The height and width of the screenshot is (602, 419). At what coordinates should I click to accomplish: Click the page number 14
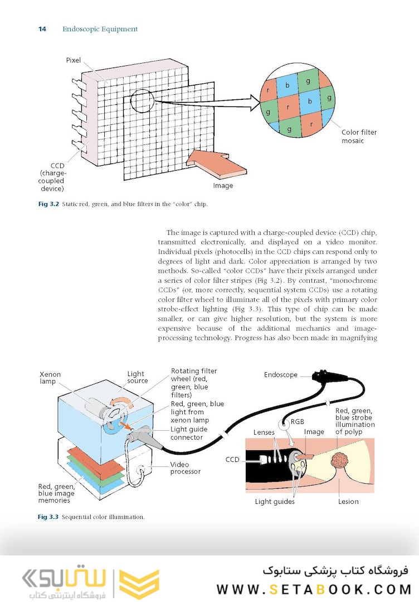coord(42,29)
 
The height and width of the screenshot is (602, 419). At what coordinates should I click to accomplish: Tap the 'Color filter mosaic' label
coord(359,137)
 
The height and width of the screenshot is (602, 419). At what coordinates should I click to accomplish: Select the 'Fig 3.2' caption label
coord(48,204)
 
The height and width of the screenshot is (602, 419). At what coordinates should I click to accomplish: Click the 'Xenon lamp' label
coord(50,378)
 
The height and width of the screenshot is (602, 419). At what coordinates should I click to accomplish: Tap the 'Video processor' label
coord(185,468)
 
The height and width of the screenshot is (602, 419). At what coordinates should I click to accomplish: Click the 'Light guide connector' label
coord(189,433)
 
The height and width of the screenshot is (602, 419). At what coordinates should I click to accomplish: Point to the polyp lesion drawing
coord(339,463)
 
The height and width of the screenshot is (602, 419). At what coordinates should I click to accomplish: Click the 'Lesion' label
coord(348,502)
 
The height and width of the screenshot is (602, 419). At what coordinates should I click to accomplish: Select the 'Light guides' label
coord(275,502)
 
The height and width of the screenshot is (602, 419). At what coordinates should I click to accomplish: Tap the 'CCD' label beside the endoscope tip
coord(232,460)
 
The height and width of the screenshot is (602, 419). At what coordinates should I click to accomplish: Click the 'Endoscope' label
coord(281,375)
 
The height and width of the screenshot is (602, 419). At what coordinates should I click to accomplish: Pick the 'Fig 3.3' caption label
coord(48,517)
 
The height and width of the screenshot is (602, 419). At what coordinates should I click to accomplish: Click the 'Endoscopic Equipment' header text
coord(100,29)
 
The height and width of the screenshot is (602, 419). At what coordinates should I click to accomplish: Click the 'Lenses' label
coord(264,432)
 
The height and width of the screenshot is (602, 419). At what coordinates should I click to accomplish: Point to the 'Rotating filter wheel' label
coord(194,383)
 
